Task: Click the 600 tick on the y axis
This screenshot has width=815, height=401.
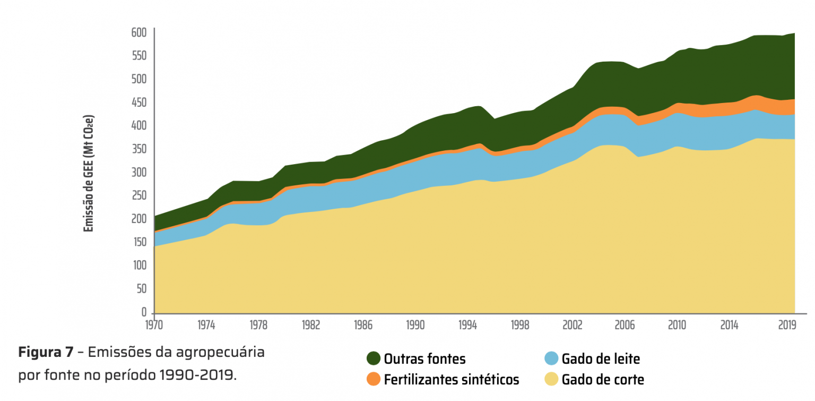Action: (139, 33)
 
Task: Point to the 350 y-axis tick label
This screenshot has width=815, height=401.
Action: (139, 149)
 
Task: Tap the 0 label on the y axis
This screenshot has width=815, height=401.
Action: (144, 312)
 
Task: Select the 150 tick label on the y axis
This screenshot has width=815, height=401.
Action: (139, 243)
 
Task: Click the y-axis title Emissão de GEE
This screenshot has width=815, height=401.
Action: (89, 173)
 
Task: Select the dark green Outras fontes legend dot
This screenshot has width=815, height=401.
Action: (374, 359)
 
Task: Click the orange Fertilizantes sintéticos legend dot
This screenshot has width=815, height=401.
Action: (374, 379)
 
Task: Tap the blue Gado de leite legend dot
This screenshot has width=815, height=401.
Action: (551, 359)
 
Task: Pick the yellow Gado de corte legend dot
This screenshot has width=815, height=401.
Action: (551, 379)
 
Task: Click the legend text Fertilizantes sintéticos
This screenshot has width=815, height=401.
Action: (451, 380)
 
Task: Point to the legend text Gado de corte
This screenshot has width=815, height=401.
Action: (603, 380)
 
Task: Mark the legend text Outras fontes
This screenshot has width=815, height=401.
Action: (424, 359)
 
